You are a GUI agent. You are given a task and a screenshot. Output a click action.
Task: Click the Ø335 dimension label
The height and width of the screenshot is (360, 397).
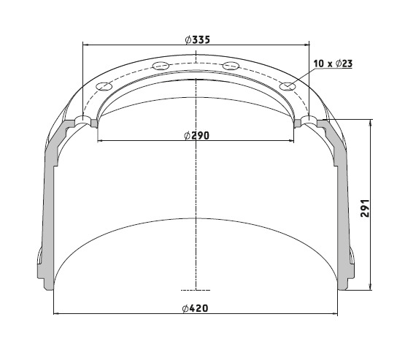[198, 39]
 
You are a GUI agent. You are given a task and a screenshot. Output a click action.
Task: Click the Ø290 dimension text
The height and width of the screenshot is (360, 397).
[197, 136]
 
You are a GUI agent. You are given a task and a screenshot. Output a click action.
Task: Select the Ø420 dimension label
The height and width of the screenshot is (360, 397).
[195, 308]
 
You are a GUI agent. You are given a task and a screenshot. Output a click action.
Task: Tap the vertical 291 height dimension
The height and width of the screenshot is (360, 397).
[365, 208]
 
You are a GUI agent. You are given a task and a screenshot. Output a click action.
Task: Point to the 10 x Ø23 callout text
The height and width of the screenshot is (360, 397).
[333, 64]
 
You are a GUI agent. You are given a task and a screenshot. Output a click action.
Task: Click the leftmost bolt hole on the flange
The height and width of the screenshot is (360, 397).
[104, 86]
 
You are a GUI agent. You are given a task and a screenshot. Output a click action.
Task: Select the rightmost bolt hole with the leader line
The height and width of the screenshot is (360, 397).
[288, 87]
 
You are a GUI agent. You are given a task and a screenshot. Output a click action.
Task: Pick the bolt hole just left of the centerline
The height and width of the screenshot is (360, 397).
[161, 66]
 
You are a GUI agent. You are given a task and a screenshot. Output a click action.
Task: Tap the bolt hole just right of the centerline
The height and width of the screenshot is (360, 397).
[231, 66]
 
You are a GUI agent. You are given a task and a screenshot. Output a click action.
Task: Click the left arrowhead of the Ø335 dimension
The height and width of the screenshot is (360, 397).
[85, 45]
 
